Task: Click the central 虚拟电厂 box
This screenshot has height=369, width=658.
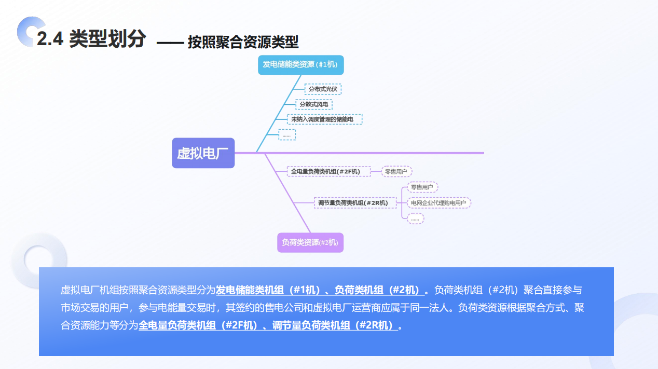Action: pos(203,153)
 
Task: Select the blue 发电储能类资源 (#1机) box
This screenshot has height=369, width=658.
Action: pos(301,65)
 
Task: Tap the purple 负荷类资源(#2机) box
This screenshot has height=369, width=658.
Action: pos(310,242)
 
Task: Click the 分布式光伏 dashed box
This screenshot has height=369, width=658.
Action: pos(323,89)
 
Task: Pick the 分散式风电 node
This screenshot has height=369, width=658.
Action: pos(314,104)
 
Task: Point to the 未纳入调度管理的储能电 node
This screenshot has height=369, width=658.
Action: pos(325,119)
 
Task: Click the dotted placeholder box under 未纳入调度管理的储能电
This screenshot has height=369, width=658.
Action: pos(287,135)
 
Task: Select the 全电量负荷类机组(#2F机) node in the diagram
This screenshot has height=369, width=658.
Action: pos(329,171)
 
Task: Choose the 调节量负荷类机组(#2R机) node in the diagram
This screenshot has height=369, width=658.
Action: pos(355,202)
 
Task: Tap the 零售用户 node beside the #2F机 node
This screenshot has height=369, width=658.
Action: pos(397,171)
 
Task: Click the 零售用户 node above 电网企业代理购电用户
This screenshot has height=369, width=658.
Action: pos(422,187)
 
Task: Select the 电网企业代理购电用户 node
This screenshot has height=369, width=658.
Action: pos(438,202)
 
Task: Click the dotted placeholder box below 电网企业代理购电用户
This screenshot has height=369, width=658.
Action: pos(415,218)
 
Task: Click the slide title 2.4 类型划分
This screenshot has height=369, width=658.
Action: pos(91,38)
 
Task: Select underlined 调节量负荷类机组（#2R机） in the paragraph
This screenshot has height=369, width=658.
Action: pos(334,326)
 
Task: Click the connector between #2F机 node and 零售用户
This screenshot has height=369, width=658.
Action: pos(376,171)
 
